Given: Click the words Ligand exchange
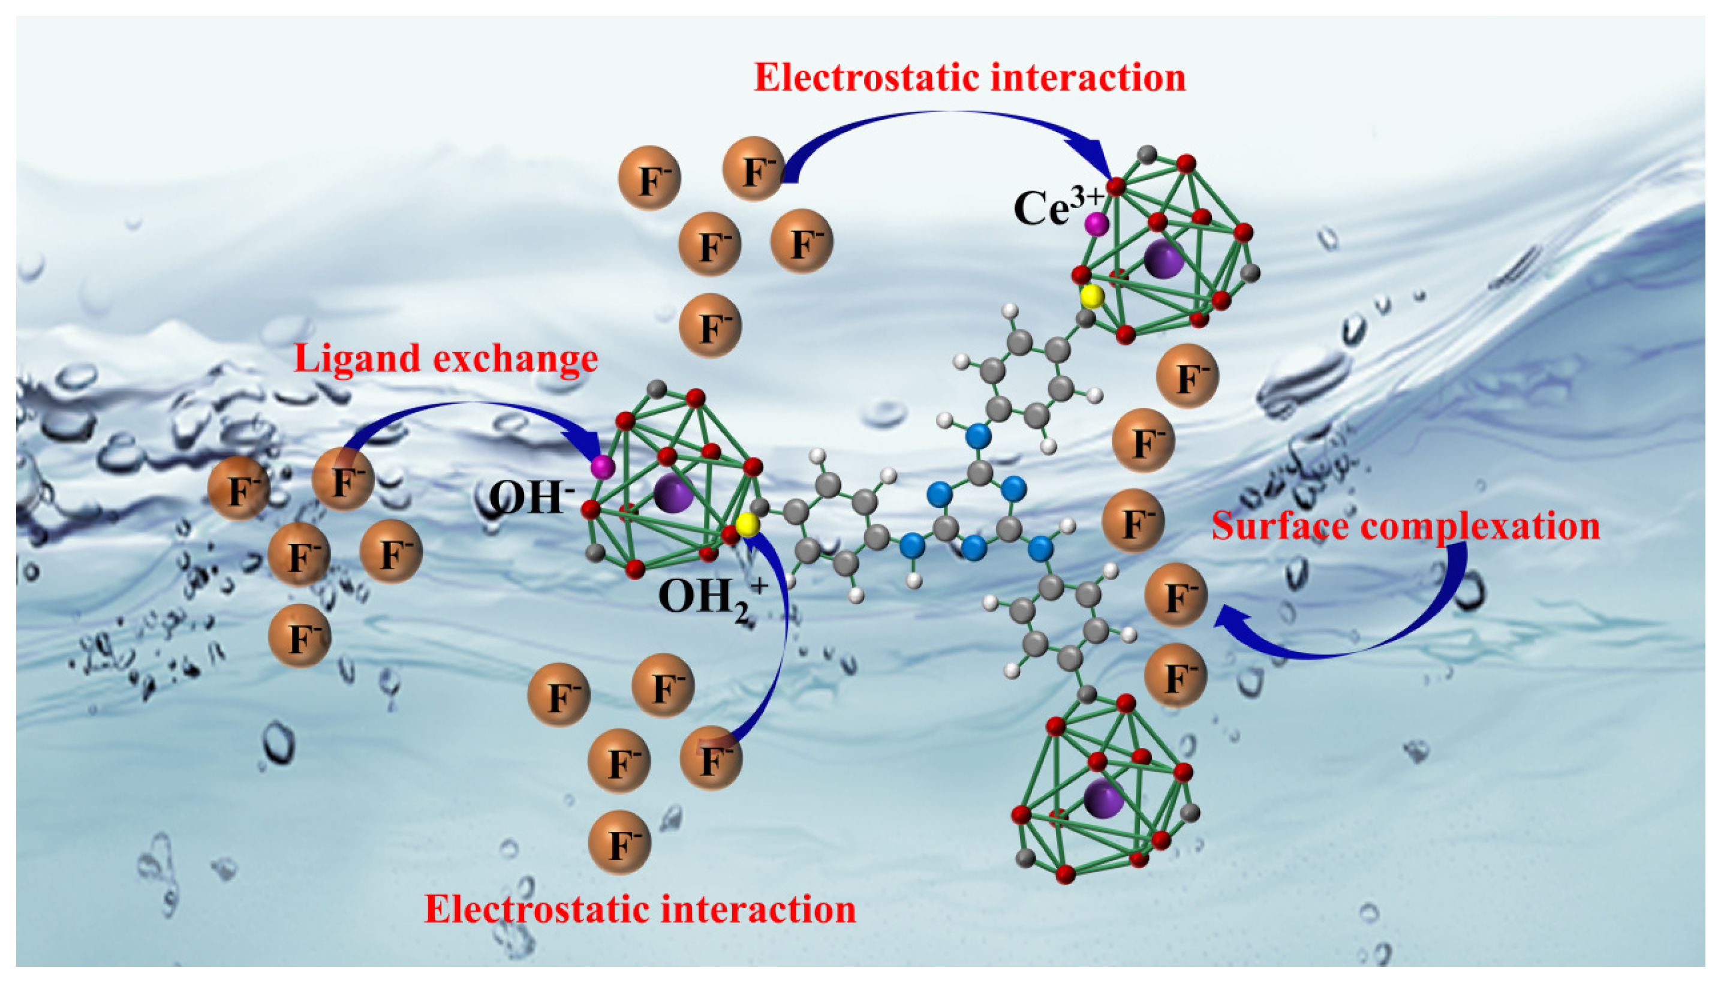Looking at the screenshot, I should point(446,358).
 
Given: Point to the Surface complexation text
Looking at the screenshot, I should point(1406,526).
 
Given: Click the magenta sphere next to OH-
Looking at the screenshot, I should point(602,467).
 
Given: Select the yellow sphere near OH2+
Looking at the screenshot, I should point(747,525).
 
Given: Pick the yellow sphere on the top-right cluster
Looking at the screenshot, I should point(1091,296).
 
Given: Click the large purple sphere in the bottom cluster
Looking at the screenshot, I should point(1103,798).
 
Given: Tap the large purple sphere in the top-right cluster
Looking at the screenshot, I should point(1164,258).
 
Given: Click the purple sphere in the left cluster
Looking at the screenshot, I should point(673,493).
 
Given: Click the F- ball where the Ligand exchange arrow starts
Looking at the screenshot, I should point(343,479).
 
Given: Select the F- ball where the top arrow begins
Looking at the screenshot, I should point(754,169).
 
